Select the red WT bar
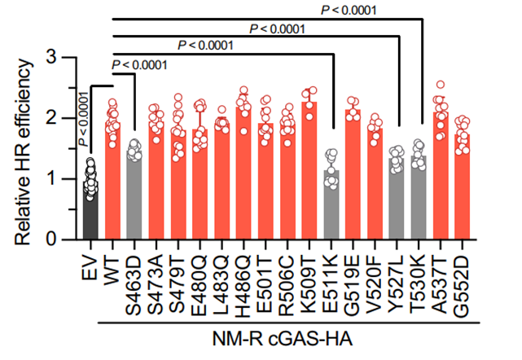(x=112, y=187)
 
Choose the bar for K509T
(x=309, y=175)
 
